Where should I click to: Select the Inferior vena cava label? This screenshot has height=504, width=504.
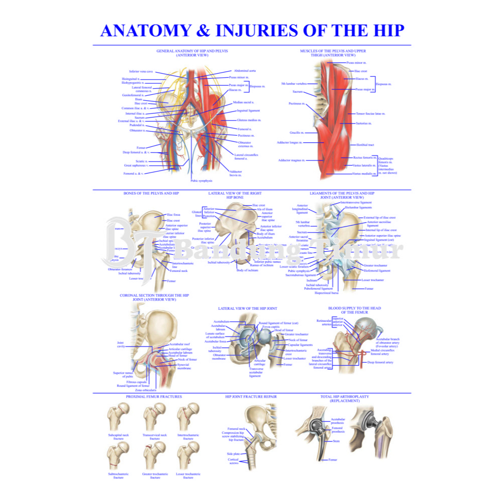point(141,72)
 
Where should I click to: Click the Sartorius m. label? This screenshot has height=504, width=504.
point(363,123)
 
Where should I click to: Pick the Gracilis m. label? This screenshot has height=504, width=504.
point(297,133)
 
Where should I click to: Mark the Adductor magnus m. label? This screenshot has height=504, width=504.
point(292,160)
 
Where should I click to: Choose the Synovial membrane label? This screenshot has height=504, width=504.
point(184,366)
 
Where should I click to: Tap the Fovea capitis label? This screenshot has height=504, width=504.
point(271,326)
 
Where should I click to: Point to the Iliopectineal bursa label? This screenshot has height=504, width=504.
point(326,293)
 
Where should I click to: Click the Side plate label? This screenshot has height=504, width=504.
point(233,454)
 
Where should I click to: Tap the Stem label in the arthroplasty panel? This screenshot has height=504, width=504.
point(336,441)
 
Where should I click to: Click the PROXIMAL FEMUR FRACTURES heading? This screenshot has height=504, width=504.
point(154,397)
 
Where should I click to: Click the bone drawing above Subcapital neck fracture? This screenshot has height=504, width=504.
point(119,417)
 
